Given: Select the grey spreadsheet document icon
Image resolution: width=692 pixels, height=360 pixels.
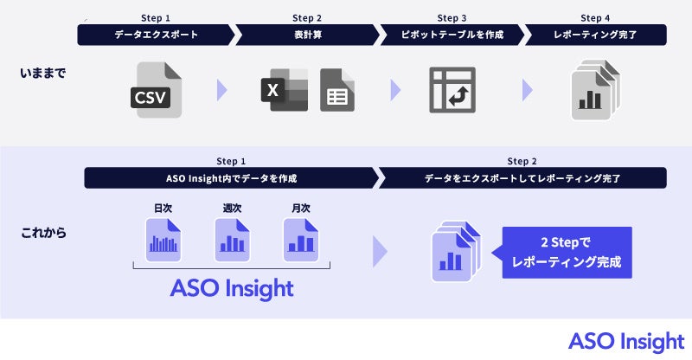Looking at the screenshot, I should (336, 89).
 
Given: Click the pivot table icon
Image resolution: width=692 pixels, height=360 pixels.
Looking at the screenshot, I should (452, 89).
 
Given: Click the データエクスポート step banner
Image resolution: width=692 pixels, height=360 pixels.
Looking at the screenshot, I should (156, 35).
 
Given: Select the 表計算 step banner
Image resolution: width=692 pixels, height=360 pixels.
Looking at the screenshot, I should (307, 35).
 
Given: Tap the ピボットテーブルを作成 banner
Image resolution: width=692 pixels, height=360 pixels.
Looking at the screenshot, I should (452, 35).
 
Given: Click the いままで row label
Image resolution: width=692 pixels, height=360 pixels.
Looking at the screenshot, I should (42, 74).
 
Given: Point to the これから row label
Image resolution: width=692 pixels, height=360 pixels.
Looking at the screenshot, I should (42, 234).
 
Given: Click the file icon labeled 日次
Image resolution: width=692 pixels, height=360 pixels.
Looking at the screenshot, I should (163, 238).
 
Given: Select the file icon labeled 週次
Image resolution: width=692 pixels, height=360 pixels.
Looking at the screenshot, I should (232, 238).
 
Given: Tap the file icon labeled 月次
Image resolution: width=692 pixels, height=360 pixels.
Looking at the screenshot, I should (301, 238).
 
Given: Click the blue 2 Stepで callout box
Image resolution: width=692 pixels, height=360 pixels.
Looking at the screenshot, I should (567, 252).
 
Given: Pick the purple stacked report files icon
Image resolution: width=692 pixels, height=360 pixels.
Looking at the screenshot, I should (455, 251).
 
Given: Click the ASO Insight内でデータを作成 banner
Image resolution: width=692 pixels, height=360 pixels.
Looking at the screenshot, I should (231, 177).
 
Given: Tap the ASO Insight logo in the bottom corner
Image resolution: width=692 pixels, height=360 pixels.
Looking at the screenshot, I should (625, 340).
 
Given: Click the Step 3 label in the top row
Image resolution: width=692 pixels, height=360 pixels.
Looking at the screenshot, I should (452, 18).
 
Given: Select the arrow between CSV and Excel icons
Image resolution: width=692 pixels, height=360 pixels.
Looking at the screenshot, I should (221, 89).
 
